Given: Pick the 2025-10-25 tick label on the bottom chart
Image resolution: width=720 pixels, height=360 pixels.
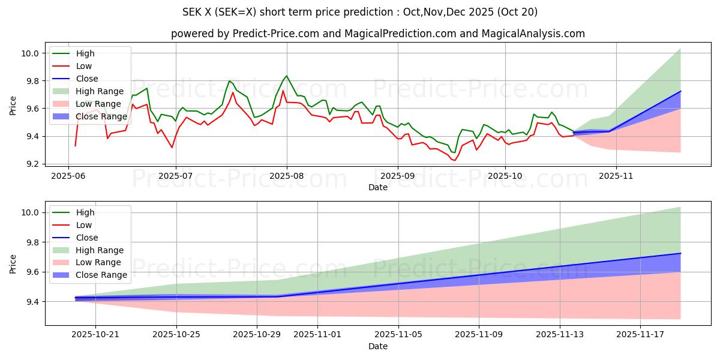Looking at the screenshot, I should coord(176,334).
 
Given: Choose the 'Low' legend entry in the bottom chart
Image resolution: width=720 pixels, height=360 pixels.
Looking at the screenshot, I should coord(84,225).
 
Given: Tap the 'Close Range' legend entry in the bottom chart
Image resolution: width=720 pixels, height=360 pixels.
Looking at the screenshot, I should coord(101,275).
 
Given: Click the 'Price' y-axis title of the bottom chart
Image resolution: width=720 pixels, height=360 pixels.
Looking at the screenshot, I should coord(13,263).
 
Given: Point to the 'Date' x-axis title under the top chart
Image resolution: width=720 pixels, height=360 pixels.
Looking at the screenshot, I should coord(378,188).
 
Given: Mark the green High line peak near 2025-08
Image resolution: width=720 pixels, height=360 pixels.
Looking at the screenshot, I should coord(286,76).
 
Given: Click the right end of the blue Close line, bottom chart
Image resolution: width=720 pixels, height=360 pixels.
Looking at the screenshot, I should coord(680,253).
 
